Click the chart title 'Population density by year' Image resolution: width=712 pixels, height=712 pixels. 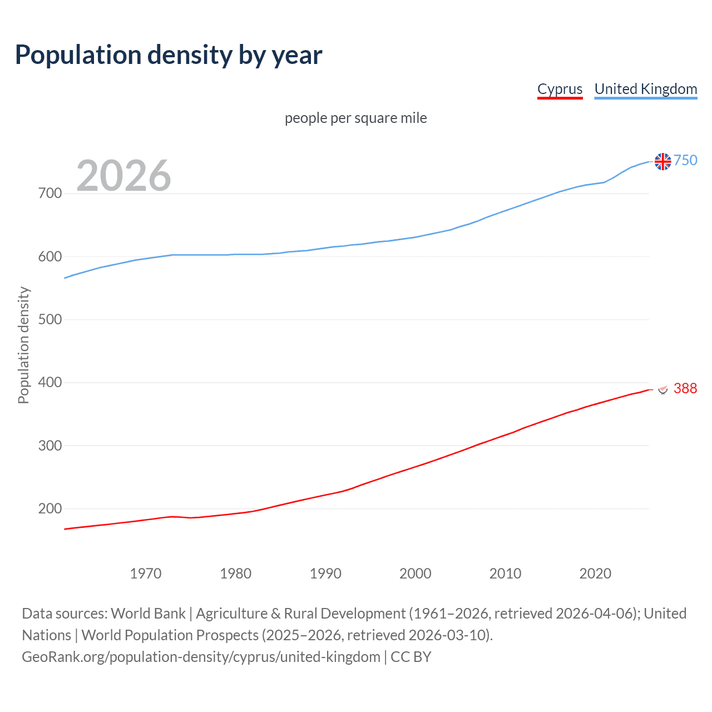(169, 55)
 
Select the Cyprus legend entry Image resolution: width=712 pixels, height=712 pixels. (560, 89)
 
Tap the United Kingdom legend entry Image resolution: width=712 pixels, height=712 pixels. (645, 89)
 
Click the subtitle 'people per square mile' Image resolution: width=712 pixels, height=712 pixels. (355, 118)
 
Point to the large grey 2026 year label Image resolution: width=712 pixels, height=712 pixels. (123, 175)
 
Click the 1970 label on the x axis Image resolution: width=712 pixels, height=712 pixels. (146, 573)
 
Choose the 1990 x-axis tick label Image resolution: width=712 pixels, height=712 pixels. (325, 573)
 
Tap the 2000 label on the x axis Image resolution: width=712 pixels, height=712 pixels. (416, 573)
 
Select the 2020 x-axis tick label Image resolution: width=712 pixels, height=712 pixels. (595, 573)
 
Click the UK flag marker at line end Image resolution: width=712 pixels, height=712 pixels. (662, 161)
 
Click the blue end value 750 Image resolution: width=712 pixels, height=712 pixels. (685, 160)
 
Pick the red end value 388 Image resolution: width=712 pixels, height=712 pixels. (685, 388)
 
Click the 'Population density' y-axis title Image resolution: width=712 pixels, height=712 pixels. (23, 345)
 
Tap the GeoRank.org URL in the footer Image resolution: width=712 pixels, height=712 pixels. (201, 657)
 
